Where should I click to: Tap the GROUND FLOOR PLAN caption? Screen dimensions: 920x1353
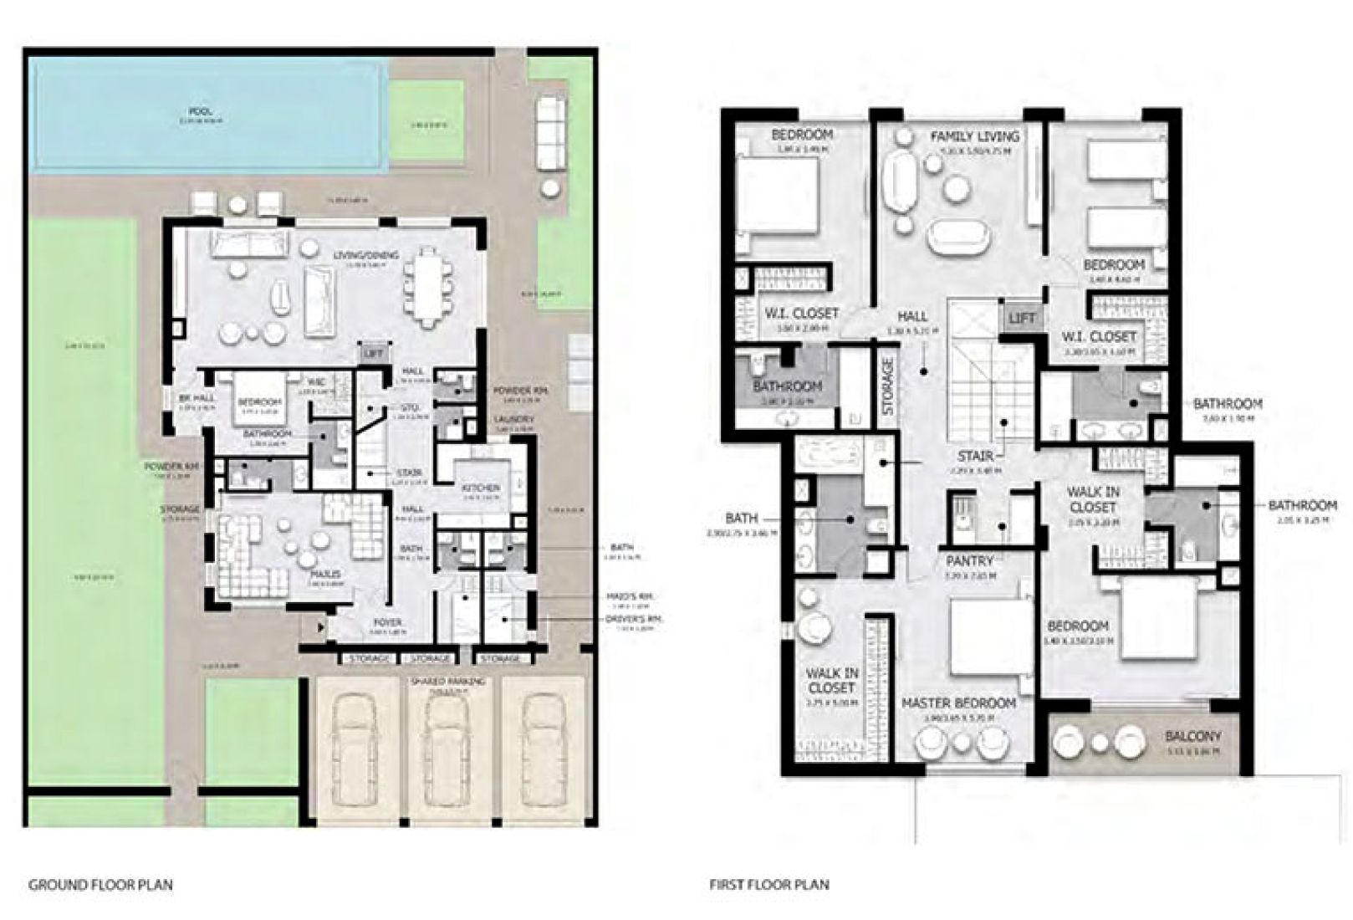100,884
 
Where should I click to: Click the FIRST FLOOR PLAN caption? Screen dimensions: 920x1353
769,884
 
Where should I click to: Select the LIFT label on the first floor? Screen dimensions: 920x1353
1022,318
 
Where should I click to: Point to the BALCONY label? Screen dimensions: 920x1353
1193,737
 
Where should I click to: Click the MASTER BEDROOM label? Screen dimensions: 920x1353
958,703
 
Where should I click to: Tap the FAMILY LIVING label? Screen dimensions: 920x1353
975,135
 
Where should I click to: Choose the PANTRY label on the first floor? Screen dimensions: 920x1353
969,561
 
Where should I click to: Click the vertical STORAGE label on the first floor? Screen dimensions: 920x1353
888,386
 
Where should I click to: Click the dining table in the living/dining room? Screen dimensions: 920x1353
428,286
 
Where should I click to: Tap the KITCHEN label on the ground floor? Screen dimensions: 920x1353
481,488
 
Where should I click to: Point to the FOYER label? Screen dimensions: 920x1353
387,623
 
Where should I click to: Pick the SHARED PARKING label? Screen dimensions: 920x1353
448,682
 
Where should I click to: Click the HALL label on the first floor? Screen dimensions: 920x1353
912,317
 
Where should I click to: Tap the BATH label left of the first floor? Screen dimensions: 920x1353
741,519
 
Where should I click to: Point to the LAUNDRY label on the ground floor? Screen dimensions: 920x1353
513,419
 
